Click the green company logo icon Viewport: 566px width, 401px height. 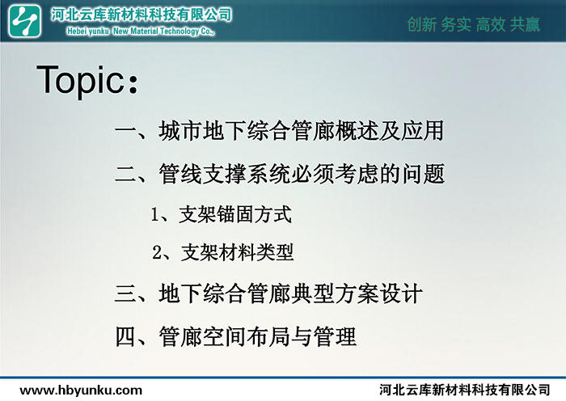pos(24,21)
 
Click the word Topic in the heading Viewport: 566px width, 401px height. pos(80,80)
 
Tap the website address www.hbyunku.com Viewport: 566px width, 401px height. pos(81,390)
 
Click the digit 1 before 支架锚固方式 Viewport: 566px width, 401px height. pos(155,215)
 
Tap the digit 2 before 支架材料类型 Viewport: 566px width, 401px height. pos(158,252)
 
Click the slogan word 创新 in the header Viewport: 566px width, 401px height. pos(421,24)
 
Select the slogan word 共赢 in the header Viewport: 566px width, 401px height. pos(526,24)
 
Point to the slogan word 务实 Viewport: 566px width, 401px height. pos(456,24)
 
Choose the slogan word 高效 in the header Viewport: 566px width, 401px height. pos(491,24)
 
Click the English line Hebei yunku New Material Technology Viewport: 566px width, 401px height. pos(141,32)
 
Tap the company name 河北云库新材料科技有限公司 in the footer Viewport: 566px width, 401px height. pos(465,390)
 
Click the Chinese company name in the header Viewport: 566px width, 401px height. pos(141,15)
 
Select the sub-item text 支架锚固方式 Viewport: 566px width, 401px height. pos(235,214)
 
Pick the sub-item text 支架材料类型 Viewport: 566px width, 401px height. pos(237,252)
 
